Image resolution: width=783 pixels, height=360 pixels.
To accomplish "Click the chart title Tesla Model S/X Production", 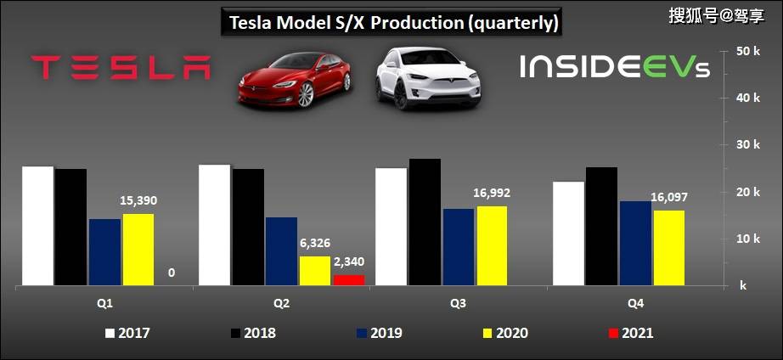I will [x=393, y=22].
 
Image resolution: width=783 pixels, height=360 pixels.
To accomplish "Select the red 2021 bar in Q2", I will [x=348, y=280].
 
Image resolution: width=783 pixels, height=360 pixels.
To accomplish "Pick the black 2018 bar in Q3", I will [x=425, y=222].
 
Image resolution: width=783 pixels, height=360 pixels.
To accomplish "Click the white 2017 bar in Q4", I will [x=568, y=233].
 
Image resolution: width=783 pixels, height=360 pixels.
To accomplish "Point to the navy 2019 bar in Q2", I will [x=281, y=251].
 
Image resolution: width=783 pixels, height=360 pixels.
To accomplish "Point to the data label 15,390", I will [x=138, y=201].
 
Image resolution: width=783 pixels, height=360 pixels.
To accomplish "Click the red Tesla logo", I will [x=121, y=68].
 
